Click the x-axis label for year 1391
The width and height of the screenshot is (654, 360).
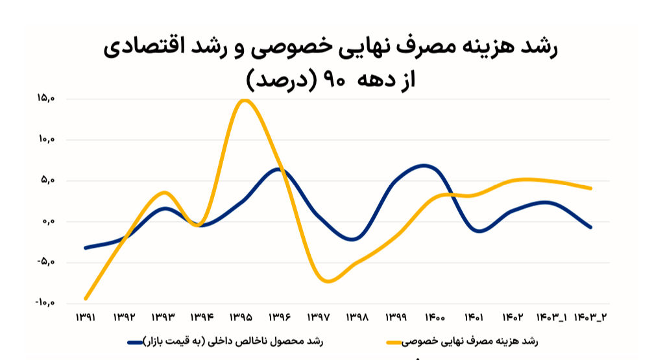tap(86, 318)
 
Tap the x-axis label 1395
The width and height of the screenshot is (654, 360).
tap(241, 318)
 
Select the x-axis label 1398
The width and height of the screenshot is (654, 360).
tap(357, 318)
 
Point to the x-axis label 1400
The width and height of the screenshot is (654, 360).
tap(435, 318)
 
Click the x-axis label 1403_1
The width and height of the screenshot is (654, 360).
tap(551, 318)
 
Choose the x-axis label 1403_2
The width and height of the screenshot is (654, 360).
tap(590, 318)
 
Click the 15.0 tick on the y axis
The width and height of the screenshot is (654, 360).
tap(46, 99)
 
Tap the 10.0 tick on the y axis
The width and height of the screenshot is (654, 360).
tap(46, 139)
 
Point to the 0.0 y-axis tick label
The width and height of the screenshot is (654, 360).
tap(49, 221)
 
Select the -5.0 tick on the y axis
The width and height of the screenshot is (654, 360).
tap(46, 263)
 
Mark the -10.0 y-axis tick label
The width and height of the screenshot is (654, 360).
tap(45, 303)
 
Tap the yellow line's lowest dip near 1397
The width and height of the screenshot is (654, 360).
tap(328, 281)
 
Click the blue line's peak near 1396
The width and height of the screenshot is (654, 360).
tap(278, 169)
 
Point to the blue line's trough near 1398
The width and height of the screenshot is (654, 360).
tap(353, 239)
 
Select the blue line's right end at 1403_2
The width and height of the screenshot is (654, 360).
tap(590, 227)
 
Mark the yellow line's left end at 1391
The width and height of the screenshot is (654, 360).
tap(86, 298)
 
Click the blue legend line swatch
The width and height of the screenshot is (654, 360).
tap(135, 342)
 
